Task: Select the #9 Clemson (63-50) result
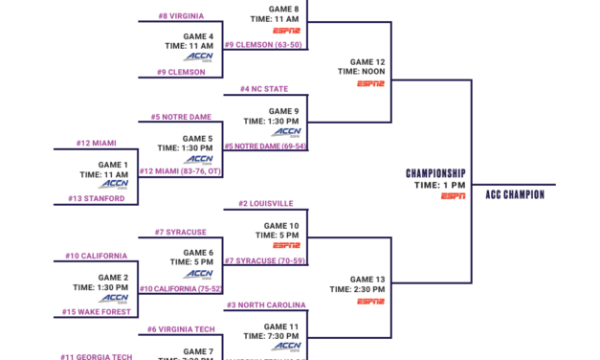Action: click(x=264, y=44)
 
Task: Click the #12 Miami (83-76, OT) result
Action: click(x=175, y=171)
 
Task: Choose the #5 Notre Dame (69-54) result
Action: click(x=265, y=146)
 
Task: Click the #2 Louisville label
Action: click(x=266, y=203)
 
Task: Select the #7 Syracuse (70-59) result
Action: click(x=265, y=260)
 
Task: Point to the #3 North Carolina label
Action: click(x=266, y=305)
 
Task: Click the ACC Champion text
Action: click(x=514, y=194)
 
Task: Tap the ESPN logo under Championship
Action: click(x=454, y=196)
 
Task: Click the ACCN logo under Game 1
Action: click(x=114, y=184)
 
